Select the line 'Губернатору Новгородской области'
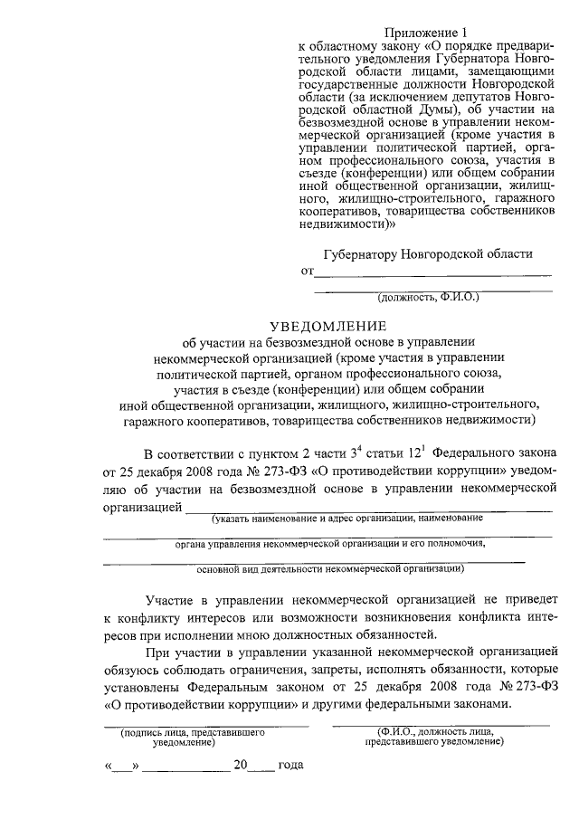(x=428, y=255)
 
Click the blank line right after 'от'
(x=432, y=272)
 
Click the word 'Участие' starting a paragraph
(x=171, y=599)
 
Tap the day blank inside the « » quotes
(x=123, y=765)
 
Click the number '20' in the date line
(x=241, y=765)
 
